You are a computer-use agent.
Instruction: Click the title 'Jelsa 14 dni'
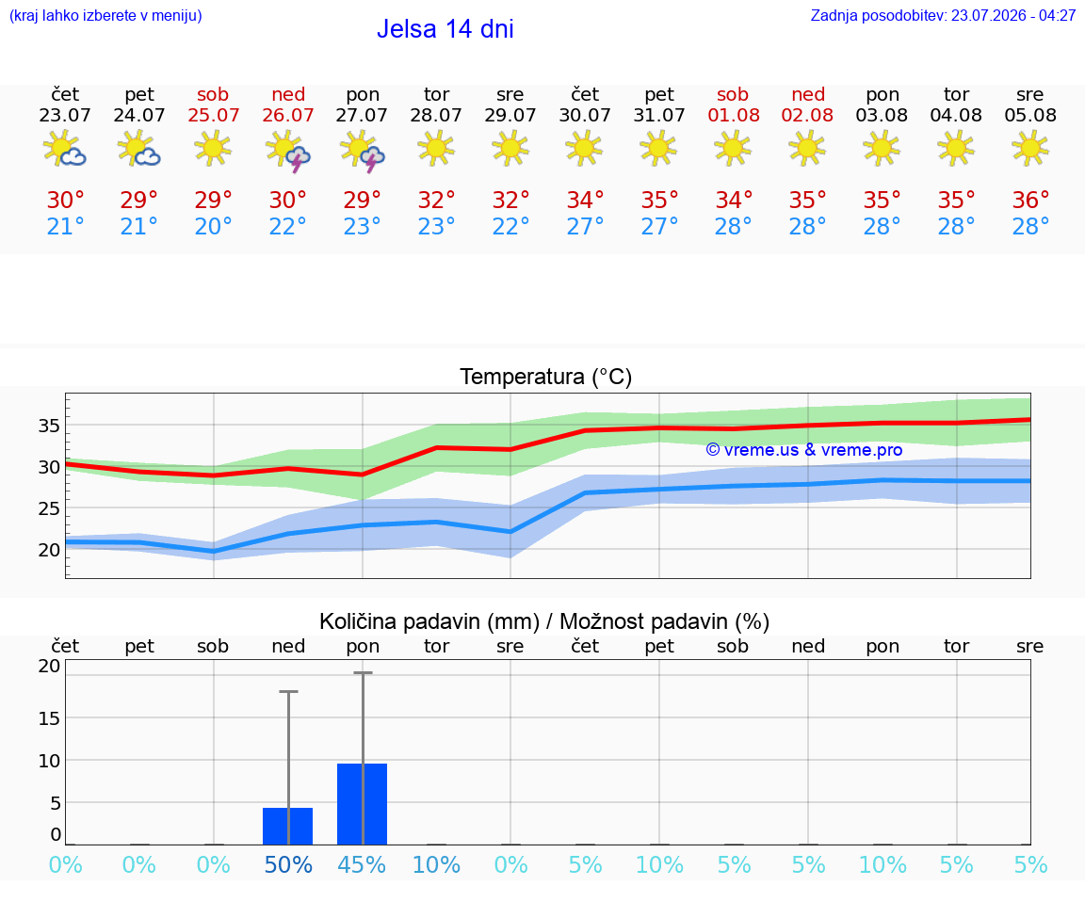[445, 29]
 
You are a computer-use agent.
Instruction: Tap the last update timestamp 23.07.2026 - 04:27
[1013, 15]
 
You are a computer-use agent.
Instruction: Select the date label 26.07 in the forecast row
[288, 115]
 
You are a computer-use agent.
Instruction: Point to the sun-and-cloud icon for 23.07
[64, 148]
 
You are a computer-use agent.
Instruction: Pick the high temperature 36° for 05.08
[1030, 200]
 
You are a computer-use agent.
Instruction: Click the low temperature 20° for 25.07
[213, 226]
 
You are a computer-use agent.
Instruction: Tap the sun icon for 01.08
[733, 148]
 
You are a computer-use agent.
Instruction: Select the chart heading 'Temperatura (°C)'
[546, 377]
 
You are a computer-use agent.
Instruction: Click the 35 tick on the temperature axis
[49, 426]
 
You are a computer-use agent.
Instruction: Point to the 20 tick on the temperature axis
[49, 550]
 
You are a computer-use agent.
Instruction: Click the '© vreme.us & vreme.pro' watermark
[804, 450]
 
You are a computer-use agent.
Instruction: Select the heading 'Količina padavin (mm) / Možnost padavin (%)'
[544, 621]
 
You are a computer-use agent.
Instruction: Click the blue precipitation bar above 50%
[288, 826]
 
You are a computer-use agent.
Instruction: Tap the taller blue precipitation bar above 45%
[362, 804]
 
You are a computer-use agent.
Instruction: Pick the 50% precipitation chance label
[288, 864]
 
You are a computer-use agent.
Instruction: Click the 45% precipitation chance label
[362, 864]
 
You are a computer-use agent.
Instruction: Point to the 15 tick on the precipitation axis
[49, 718]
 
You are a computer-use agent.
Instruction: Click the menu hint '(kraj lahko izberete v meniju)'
[105, 15]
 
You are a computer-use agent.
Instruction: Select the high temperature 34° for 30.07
[586, 200]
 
